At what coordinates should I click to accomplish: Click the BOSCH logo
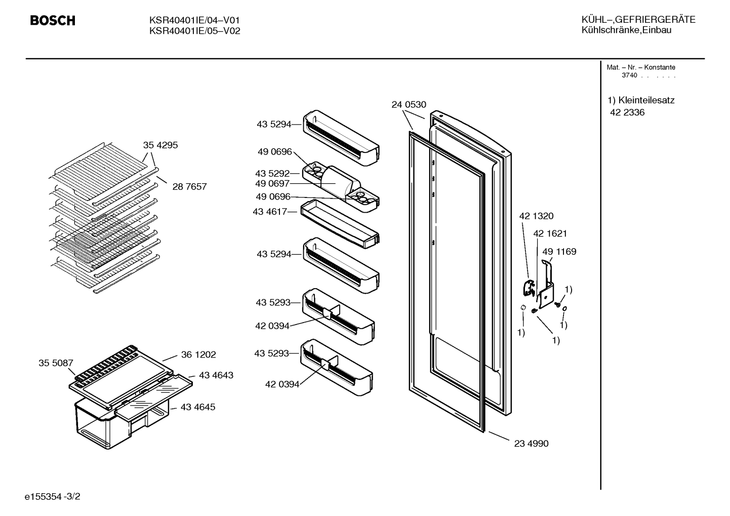click(53, 21)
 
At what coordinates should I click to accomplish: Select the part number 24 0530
click(409, 105)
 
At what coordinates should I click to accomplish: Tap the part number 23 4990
click(531, 444)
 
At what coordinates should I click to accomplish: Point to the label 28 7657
click(189, 187)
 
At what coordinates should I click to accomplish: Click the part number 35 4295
click(160, 145)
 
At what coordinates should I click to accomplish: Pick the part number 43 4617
click(270, 212)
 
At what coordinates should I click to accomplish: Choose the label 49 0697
click(272, 184)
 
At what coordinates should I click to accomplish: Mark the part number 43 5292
click(272, 173)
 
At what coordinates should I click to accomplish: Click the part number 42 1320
click(537, 216)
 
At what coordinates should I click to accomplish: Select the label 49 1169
click(559, 252)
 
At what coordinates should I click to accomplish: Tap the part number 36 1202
click(198, 354)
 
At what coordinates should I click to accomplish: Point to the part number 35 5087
click(56, 363)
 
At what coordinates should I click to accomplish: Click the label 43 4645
click(198, 407)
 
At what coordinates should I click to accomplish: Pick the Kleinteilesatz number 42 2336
click(627, 112)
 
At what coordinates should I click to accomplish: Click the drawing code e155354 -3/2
click(52, 497)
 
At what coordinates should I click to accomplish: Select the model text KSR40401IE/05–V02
click(194, 31)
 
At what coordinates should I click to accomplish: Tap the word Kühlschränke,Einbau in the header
click(626, 30)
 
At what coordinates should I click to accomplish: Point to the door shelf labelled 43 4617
click(340, 224)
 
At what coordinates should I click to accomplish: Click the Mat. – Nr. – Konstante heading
click(641, 67)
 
